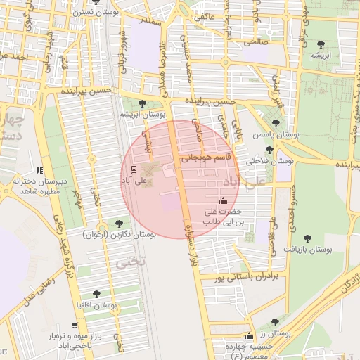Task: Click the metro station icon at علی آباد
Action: pos(134,169)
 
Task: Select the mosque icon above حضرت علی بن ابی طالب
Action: pos(223,200)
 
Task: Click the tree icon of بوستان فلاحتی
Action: pos(269,150)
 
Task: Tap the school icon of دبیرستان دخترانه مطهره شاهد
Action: pos(39,170)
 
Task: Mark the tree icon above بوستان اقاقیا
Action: pos(96,294)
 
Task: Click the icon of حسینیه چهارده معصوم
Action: pos(247,335)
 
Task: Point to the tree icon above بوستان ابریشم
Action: pos(143,103)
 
